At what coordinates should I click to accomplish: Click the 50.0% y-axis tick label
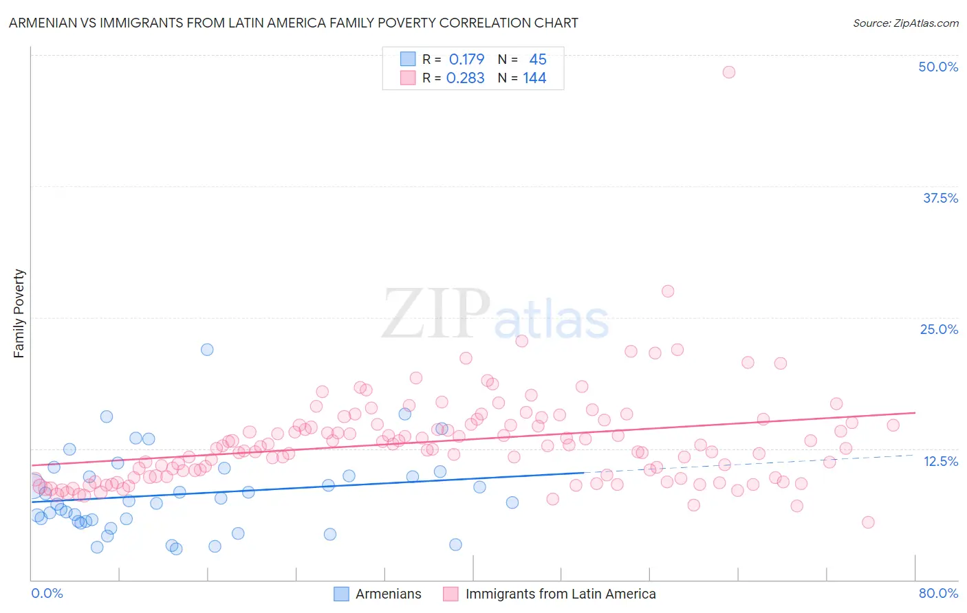937,67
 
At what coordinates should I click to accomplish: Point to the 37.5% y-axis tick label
939,198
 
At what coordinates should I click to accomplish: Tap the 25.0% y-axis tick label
939,329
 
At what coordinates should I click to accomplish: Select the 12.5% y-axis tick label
940,461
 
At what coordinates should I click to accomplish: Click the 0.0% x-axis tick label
47,593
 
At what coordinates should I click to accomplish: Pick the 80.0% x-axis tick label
938,593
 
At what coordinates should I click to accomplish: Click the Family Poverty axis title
19,313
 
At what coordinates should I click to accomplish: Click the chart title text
293,23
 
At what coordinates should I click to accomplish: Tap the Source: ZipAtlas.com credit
905,23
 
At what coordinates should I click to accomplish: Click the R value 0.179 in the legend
466,59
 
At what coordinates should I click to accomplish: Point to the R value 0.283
466,78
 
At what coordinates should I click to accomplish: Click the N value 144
534,78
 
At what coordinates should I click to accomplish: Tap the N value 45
537,59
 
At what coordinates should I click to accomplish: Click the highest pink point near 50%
729,72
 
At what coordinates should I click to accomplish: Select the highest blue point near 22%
207,349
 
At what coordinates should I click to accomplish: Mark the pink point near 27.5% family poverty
668,291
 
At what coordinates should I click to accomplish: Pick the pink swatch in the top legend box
408,78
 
